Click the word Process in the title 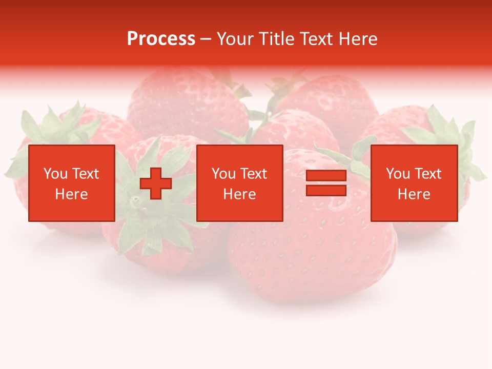coord(161,39)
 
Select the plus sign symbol coord(156,183)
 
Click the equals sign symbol coord(326,183)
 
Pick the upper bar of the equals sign coord(326,176)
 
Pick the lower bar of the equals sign coord(326,190)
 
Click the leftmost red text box coord(72,183)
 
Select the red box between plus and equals coord(239,183)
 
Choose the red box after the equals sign coord(414,183)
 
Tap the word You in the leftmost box coord(55,174)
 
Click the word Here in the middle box coord(239,194)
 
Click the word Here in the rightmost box coord(414,194)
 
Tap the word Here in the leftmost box coord(72,194)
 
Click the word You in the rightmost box coord(398,174)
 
